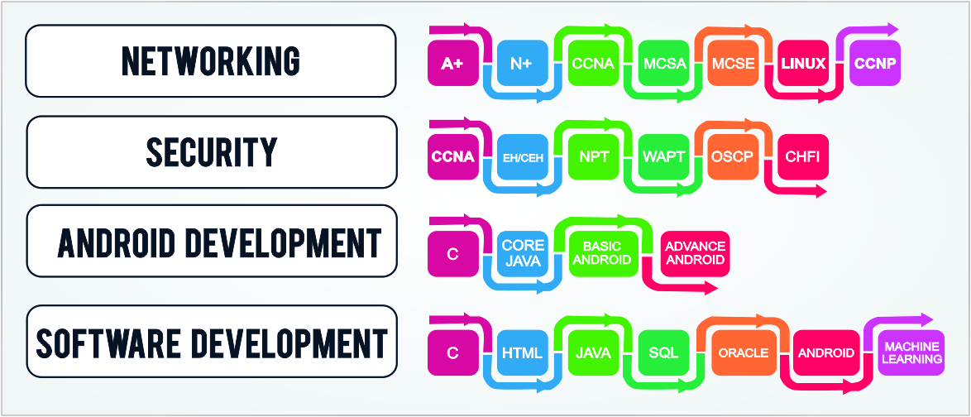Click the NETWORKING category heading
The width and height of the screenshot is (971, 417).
click(211, 60)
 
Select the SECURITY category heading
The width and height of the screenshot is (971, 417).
click(211, 152)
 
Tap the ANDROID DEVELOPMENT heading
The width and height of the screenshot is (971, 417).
click(218, 243)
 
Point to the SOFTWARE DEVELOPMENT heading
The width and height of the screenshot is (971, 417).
click(211, 343)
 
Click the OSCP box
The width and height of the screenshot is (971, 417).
click(733, 156)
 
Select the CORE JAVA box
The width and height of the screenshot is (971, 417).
click(523, 252)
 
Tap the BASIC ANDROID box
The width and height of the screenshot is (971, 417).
click(606, 252)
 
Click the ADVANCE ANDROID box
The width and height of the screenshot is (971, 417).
click(696, 252)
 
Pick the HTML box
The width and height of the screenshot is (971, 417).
click(522, 353)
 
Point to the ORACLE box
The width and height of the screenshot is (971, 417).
click(743, 353)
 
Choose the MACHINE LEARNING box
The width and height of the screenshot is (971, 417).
click(911, 353)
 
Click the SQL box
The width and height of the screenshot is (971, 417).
click(663, 353)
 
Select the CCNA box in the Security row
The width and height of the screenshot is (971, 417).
click(452, 156)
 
